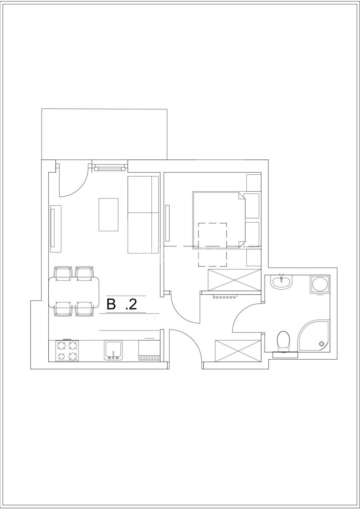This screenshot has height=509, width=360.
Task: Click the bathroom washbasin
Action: [281, 282]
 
